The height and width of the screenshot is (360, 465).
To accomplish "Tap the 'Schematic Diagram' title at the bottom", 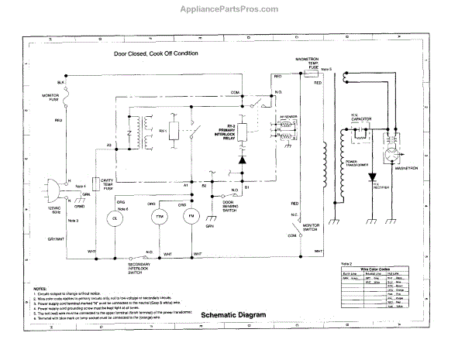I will coord(232,315).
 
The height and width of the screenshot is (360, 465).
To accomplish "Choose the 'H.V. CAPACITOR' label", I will coord(363,121).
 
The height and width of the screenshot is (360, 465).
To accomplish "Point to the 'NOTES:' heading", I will coord(39,287).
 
